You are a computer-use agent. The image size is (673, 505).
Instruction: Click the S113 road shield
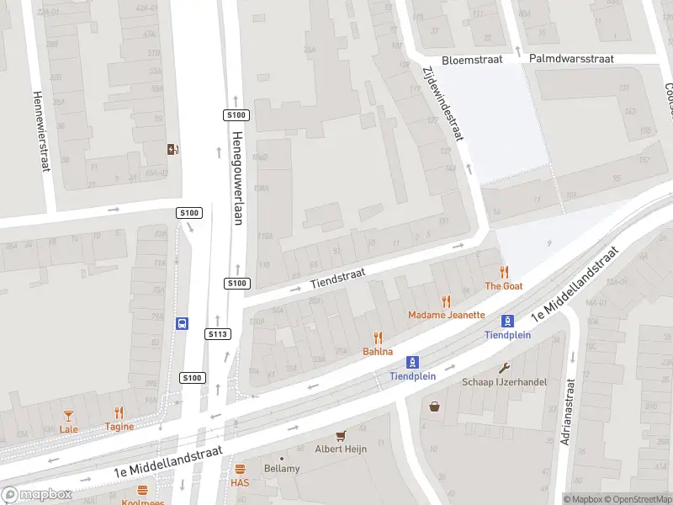(x=218, y=334)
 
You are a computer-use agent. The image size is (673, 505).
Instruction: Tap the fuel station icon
(x=173, y=149)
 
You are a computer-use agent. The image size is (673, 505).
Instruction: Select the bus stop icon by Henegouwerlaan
(x=182, y=322)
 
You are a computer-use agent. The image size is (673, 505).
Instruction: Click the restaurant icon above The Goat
(x=504, y=272)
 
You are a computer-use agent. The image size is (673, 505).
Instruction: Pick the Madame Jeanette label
(x=447, y=315)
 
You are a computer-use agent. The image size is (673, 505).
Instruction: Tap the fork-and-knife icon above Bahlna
(x=378, y=338)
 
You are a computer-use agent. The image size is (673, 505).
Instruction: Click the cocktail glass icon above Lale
(x=69, y=415)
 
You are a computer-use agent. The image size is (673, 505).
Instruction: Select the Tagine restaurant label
(x=119, y=428)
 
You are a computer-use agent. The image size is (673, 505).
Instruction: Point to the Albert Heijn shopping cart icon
(x=341, y=435)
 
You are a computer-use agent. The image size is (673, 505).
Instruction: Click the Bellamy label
(x=281, y=468)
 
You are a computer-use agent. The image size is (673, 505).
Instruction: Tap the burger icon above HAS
(x=240, y=469)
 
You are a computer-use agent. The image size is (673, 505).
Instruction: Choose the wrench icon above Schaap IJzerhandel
(x=504, y=368)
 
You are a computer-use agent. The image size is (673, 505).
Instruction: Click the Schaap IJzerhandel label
(x=504, y=382)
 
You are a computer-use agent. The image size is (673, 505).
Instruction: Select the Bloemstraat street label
(x=471, y=60)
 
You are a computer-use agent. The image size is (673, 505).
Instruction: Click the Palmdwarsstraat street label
(x=571, y=59)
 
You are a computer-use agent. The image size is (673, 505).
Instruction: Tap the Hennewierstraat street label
(x=39, y=131)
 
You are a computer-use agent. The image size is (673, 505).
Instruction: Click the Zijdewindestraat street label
(x=442, y=104)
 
